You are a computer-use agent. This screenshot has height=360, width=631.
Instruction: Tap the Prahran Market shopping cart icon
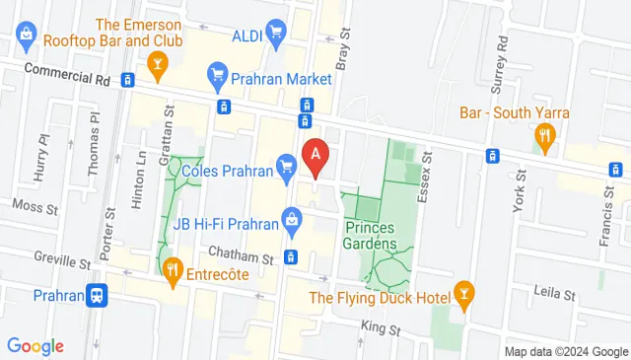[x=218, y=74]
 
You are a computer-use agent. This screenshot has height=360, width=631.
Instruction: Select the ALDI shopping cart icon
[x=276, y=35]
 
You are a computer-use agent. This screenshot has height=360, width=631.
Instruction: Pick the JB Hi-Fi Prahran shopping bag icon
[x=293, y=222]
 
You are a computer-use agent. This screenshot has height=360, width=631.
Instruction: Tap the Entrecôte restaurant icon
[x=173, y=268]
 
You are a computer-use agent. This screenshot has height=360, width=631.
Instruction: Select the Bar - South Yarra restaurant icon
[x=542, y=135]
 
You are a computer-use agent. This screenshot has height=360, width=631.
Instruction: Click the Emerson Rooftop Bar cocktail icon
[x=156, y=65]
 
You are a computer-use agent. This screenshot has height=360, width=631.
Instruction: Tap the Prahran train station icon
[x=97, y=295]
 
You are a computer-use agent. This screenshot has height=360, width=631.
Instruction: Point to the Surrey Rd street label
[x=502, y=59]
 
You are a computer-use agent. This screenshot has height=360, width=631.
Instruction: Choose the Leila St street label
[x=554, y=294]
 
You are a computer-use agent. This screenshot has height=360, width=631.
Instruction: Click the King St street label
[x=380, y=327]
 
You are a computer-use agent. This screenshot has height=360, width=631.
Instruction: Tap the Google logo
[x=35, y=346]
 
